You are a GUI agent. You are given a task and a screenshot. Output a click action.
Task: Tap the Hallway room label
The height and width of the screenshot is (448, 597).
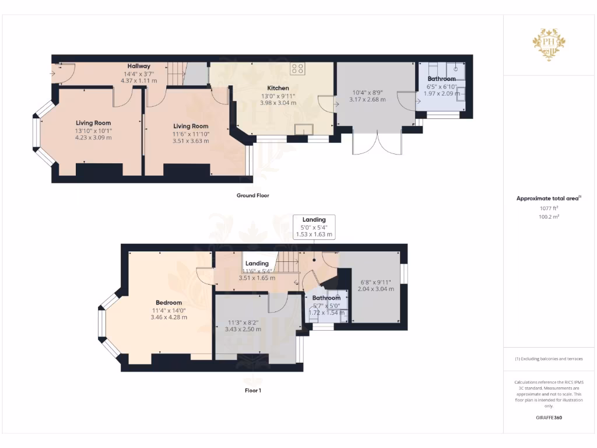[139, 66]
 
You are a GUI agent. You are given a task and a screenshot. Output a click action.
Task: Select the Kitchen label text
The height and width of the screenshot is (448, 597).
[278, 88]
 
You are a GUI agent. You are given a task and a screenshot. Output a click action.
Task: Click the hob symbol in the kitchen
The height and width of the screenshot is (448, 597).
[297, 68]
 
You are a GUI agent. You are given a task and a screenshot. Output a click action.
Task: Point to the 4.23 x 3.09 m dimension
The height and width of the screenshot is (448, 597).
[93, 138]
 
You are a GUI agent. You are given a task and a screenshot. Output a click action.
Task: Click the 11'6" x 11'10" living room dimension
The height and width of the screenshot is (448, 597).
[191, 134]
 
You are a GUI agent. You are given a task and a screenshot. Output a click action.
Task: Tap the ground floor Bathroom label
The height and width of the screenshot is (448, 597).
[441, 79]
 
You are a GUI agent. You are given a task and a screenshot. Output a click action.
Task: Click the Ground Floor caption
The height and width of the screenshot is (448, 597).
[253, 195]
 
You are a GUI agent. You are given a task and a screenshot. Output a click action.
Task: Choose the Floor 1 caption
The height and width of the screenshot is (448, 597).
[252, 390]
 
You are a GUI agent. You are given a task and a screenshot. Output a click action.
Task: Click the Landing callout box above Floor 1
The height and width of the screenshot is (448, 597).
[314, 227]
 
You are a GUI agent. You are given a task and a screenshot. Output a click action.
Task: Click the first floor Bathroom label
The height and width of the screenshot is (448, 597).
[326, 298]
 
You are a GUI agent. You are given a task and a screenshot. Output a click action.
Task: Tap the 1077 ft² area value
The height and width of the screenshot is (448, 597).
[547, 208]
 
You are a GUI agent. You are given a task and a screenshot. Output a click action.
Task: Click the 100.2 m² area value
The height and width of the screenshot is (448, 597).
[547, 216]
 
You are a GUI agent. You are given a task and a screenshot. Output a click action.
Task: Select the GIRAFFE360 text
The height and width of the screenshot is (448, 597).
[549, 418]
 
